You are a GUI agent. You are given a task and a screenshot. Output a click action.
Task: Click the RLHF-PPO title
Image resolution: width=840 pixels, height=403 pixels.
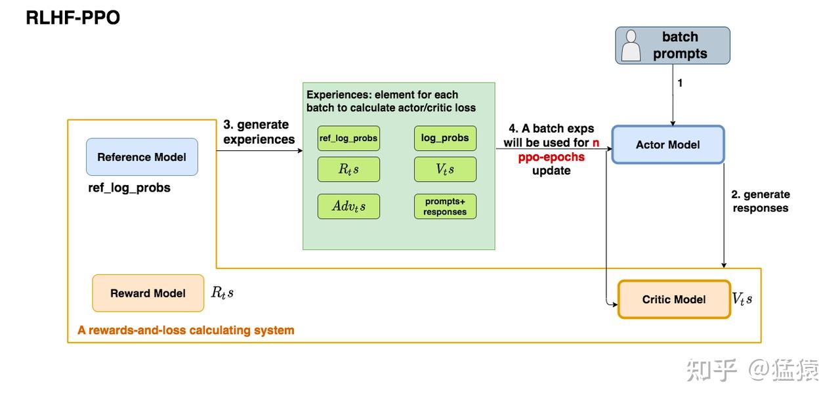pyautogui.click(x=73, y=18)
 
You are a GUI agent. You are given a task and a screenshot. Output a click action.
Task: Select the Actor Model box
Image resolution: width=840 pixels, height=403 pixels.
pyautogui.click(x=668, y=144)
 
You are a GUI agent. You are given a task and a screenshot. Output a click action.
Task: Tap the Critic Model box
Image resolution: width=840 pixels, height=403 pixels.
pyautogui.click(x=674, y=299)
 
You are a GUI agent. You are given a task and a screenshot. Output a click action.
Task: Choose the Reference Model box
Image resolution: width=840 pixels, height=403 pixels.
pyautogui.click(x=142, y=157)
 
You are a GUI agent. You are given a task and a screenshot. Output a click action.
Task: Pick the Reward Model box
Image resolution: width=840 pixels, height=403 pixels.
pyautogui.click(x=148, y=293)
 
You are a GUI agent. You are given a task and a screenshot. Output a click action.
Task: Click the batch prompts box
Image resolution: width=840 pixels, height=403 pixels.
pyautogui.click(x=673, y=45)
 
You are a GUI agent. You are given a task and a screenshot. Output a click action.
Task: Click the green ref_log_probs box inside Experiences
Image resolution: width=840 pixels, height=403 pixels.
pyautogui.click(x=348, y=138)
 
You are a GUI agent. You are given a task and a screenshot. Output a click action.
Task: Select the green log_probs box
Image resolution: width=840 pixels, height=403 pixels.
pyautogui.click(x=445, y=138)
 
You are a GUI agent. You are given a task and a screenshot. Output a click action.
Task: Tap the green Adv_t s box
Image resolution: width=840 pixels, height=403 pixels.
pyautogui.click(x=348, y=206)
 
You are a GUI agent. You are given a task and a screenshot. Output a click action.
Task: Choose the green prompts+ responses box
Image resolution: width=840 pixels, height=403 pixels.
pyautogui.click(x=445, y=206)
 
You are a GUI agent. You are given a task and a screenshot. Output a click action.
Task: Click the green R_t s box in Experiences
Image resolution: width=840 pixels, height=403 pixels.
pyautogui.click(x=348, y=169)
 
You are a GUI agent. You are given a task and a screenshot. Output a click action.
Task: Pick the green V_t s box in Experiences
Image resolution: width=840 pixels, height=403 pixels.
pyautogui.click(x=445, y=169)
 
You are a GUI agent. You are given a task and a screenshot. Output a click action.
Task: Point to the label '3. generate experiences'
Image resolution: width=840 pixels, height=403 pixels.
pyautogui.click(x=259, y=132)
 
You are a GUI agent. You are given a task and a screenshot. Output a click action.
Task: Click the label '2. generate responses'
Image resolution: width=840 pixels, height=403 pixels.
pyautogui.click(x=761, y=201)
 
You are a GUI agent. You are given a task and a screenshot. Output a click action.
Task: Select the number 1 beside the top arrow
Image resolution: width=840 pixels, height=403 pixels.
pyautogui.click(x=680, y=83)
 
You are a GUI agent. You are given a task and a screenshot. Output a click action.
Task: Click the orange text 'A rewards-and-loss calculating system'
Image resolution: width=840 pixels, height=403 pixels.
pyautogui.click(x=186, y=330)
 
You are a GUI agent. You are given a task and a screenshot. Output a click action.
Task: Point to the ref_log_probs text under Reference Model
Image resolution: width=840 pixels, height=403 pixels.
pyautogui.click(x=129, y=188)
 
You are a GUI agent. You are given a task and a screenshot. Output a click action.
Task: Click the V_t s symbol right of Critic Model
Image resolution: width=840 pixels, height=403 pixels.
pyautogui.click(x=742, y=299)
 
